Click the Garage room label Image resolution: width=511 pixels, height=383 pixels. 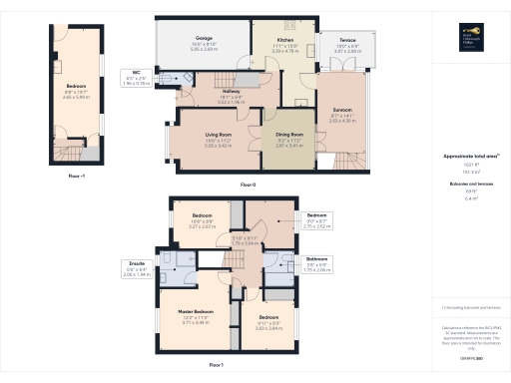click(x=203, y=39)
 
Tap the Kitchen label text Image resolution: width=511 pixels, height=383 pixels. click(x=285, y=39)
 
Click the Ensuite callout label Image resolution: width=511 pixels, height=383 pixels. click(x=137, y=267)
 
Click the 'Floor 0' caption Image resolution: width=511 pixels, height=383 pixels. click(x=249, y=186)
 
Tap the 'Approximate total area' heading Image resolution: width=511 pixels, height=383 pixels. click(x=470, y=157)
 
